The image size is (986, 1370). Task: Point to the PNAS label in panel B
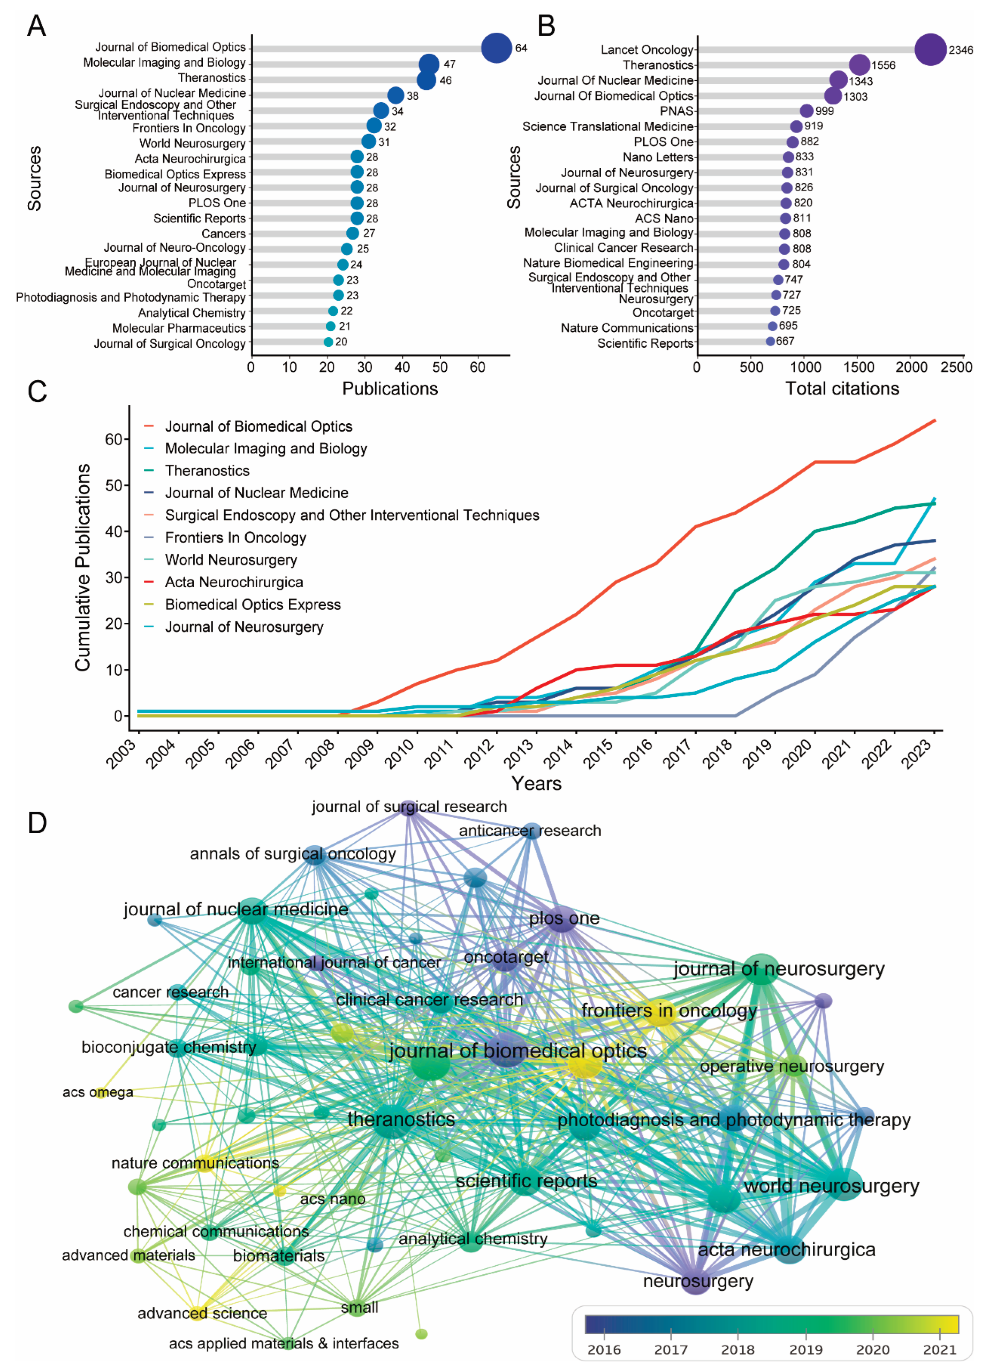(x=676, y=111)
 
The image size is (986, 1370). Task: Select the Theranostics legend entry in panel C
(x=207, y=470)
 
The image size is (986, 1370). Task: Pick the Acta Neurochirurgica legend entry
(x=234, y=582)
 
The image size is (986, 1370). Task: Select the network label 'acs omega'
(x=98, y=1092)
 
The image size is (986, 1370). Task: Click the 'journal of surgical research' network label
(x=409, y=807)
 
